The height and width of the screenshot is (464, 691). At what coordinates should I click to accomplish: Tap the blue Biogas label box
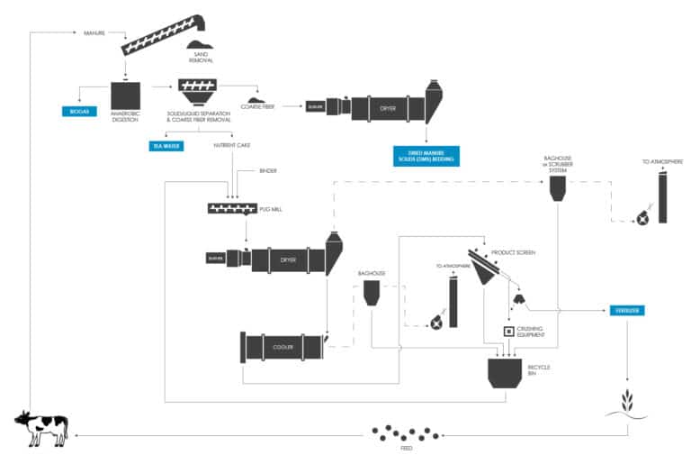click(77, 111)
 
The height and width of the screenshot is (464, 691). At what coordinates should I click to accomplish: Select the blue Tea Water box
click(166, 144)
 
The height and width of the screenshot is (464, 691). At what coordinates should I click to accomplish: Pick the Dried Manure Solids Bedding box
click(426, 156)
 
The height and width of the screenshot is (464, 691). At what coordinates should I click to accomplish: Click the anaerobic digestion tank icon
click(125, 97)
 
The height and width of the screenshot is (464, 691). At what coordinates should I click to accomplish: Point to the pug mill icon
click(231, 209)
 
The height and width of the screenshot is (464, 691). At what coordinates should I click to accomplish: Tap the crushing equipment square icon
click(509, 332)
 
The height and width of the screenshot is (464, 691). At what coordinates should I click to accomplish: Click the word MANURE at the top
click(94, 33)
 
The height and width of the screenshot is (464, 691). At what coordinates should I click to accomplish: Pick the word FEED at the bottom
click(406, 448)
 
